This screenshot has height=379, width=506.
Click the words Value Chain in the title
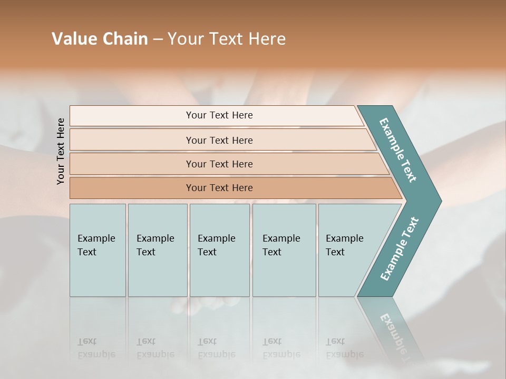(x=100, y=39)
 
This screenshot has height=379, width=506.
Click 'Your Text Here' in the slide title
(x=227, y=39)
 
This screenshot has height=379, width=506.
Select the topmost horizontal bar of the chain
(x=219, y=115)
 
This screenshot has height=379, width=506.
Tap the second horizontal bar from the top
(x=219, y=140)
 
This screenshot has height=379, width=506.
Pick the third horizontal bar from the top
(x=219, y=164)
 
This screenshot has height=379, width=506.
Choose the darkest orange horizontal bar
(x=219, y=188)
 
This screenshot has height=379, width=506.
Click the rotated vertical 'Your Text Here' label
(x=61, y=151)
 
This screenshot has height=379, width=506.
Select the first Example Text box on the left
(x=97, y=245)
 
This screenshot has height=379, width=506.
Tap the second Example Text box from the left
(x=157, y=245)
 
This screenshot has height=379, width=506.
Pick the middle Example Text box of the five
(x=218, y=245)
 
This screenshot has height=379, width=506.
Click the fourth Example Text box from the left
(x=283, y=245)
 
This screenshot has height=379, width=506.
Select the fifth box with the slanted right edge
(x=348, y=245)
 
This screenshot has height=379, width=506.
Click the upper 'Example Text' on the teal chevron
(x=398, y=150)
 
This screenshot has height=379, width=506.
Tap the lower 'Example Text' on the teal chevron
(x=400, y=248)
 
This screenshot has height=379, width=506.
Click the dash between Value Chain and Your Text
(x=158, y=39)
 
